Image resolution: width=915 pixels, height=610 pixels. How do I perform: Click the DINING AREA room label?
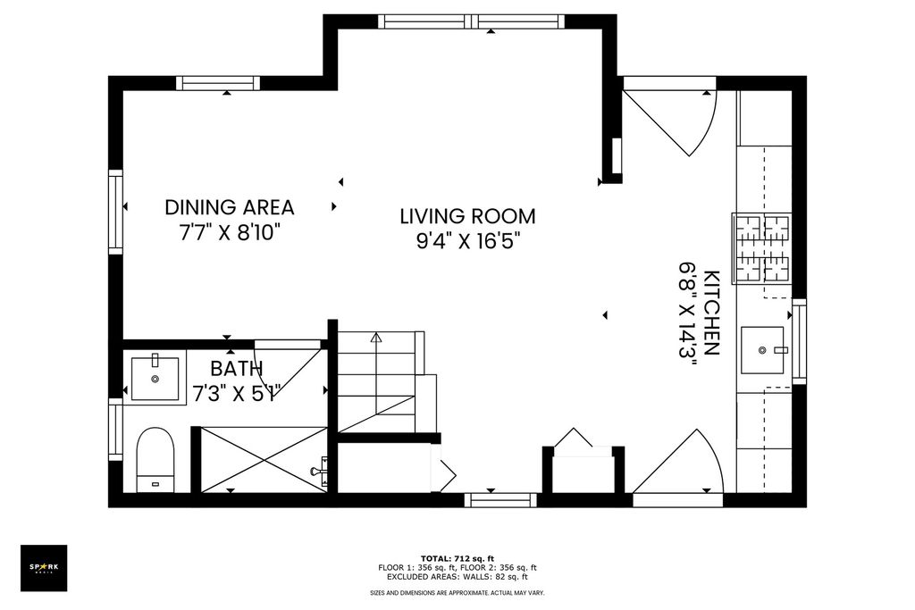(230, 207)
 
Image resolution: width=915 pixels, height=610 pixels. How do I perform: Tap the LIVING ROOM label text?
(467, 216)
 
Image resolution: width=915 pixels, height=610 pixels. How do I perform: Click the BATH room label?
(236, 369)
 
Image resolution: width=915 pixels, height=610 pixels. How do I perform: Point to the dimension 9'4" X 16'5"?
(467, 241)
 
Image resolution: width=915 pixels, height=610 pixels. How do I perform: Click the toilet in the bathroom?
(155, 460)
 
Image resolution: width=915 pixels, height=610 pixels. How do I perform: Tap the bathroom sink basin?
(155, 378)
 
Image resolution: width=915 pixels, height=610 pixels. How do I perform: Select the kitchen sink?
(763, 350)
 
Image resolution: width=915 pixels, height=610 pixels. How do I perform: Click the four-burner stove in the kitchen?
(762, 248)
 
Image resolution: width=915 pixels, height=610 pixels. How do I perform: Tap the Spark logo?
(44, 568)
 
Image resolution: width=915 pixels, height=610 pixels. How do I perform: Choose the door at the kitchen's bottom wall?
(678, 463)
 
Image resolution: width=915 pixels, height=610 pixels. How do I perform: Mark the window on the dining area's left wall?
(115, 212)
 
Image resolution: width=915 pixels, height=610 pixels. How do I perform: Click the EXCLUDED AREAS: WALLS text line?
(457, 577)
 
